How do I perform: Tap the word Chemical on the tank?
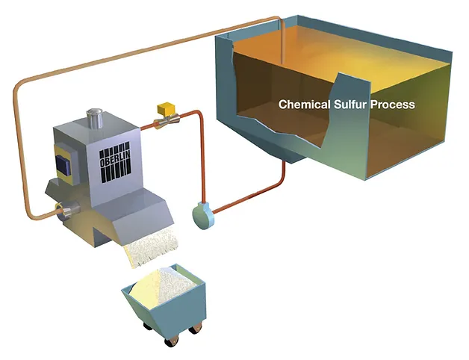[304, 105]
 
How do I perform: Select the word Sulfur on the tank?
[352, 105]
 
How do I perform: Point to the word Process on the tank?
[394, 105]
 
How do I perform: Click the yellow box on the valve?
[164, 109]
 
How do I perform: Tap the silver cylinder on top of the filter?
[95, 118]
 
